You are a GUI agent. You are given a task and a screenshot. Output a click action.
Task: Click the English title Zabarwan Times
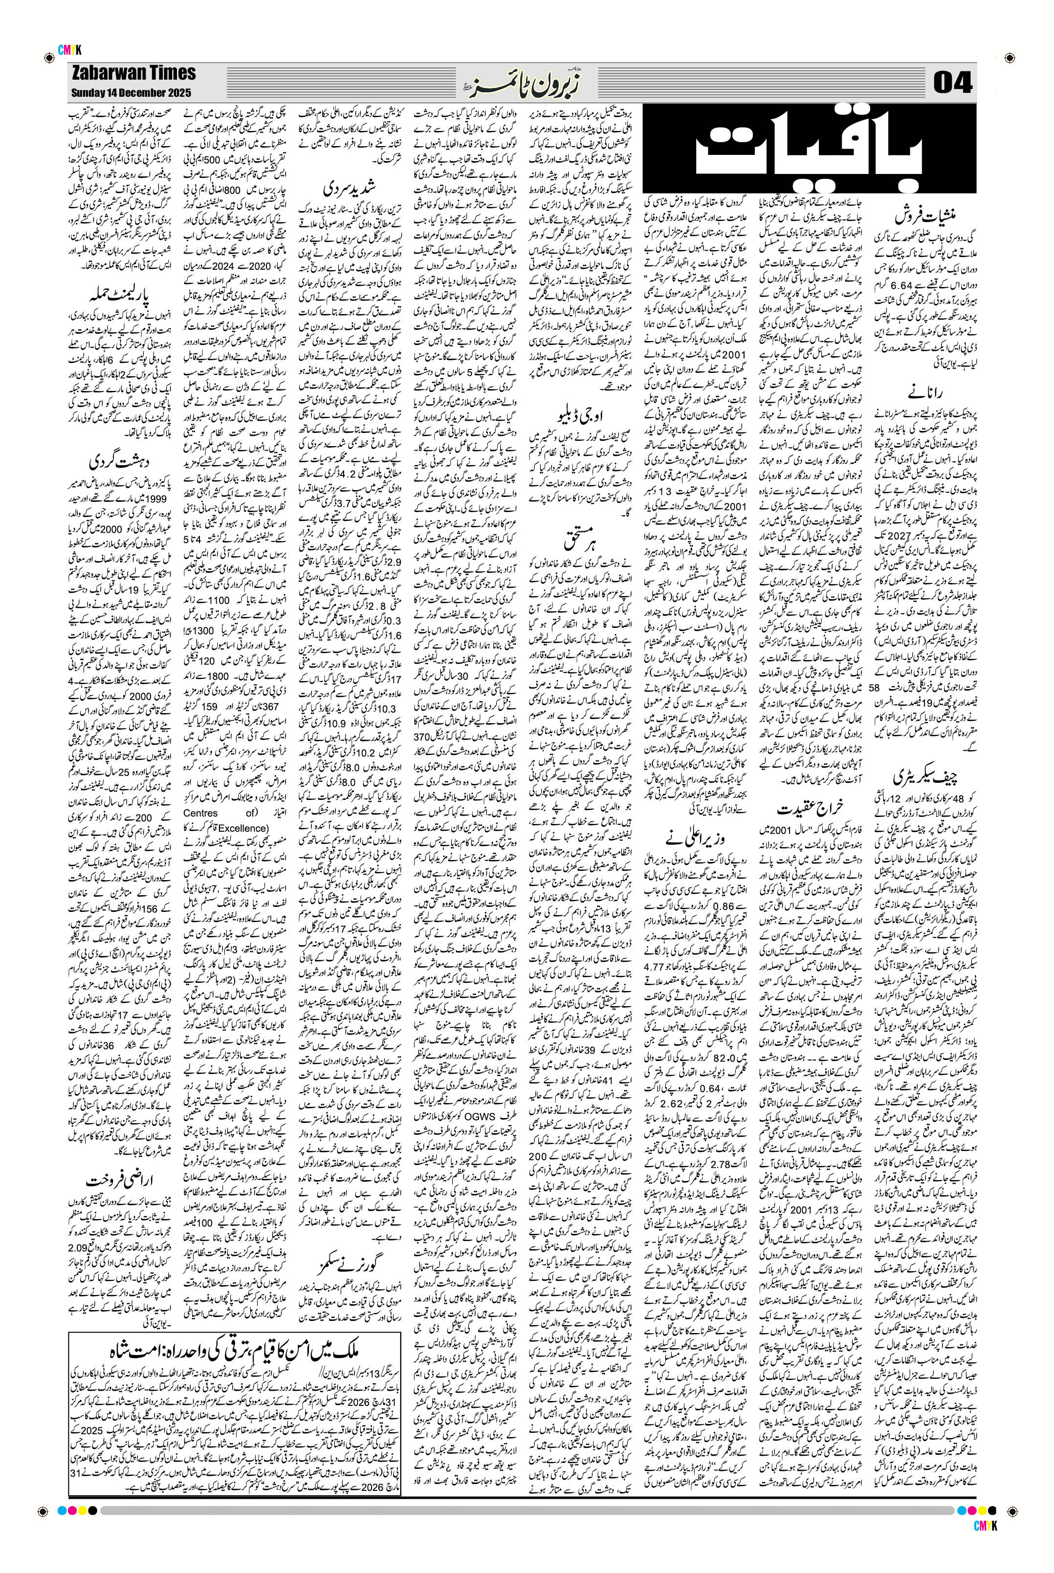pyautogui.click(x=132, y=73)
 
